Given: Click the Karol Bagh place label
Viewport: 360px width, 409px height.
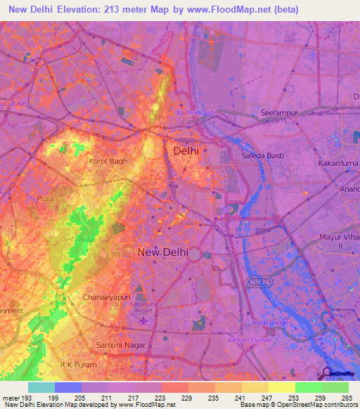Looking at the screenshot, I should click(x=108, y=161).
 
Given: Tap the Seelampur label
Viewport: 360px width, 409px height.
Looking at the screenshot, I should click(x=280, y=112).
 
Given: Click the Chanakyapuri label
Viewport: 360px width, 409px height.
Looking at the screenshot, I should click(x=107, y=297).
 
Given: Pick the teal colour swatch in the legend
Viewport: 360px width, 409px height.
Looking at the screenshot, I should click(x=41, y=387).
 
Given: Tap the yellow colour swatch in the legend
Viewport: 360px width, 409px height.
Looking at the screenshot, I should click(x=281, y=387).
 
